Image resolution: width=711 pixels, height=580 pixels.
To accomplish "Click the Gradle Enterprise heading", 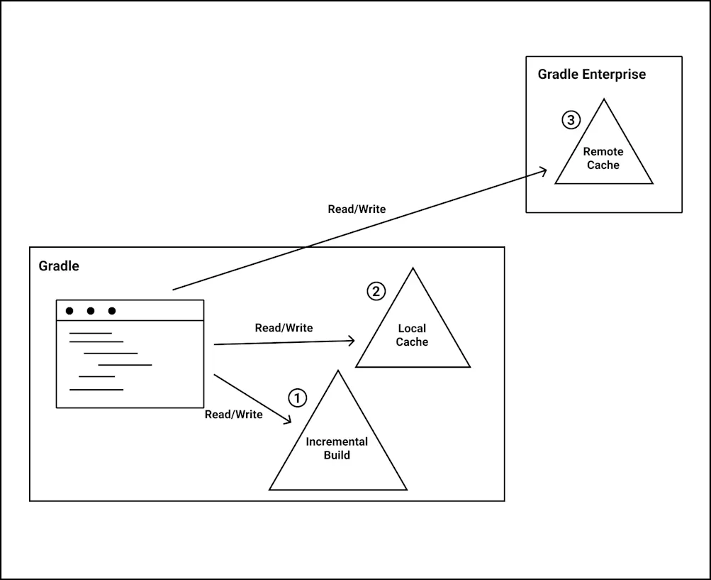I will (x=591, y=75).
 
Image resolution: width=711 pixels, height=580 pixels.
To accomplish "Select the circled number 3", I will (x=571, y=120).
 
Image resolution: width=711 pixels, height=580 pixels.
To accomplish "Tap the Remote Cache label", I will (x=603, y=158).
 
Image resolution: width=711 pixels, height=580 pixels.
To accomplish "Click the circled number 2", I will (x=376, y=291).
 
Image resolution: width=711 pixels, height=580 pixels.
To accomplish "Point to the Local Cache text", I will (x=412, y=335).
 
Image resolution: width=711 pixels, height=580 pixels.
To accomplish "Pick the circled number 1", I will (x=298, y=398).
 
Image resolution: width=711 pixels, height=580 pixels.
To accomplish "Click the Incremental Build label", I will (x=337, y=449).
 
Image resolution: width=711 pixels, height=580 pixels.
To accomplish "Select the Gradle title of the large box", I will (x=59, y=266).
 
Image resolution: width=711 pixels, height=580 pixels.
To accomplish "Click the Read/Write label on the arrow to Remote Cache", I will (x=357, y=209).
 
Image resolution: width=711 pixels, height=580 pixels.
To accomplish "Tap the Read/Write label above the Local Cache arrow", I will (x=284, y=328).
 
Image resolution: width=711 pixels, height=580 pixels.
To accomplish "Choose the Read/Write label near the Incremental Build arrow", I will (x=233, y=415).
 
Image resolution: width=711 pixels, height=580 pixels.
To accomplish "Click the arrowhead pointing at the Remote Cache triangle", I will (x=544, y=170).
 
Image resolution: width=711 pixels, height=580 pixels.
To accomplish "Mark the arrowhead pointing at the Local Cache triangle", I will (x=352, y=341).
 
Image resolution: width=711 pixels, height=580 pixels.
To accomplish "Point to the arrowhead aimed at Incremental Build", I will (x=289, y=421).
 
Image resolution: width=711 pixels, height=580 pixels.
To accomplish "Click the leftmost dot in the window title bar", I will (x=69, y=311).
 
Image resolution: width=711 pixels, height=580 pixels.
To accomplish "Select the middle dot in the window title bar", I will (x=91, y=311).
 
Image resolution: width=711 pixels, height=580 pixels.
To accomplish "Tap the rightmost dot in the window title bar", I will (x=112, y=311).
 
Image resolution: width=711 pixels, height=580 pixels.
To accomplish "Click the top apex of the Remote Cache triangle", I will (x=604, y=100).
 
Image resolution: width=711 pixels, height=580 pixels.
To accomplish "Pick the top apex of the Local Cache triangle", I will (x=413, y=269).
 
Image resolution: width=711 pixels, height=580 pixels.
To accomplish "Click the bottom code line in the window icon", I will (x=96, y=389).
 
